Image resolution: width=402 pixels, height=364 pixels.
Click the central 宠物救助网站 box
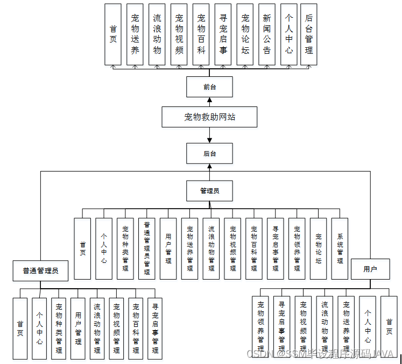209,116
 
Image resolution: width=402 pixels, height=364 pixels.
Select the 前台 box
209,87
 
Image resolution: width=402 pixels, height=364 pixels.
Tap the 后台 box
209,153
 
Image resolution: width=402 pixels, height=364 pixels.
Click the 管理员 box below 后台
209,190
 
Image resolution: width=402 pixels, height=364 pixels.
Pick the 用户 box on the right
370,269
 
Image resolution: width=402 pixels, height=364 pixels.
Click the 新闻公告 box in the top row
267,34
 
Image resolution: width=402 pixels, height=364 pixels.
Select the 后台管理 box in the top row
309,34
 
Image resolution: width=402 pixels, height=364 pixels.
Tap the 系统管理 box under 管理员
340,248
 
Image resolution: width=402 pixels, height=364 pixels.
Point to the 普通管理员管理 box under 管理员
146,248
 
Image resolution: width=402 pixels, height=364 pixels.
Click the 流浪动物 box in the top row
157,34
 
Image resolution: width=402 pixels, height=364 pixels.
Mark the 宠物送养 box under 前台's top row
135,34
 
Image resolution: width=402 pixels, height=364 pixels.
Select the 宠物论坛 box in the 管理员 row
318,248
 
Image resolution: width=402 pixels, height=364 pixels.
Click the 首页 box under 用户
389,327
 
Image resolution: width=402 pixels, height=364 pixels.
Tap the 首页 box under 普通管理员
20,328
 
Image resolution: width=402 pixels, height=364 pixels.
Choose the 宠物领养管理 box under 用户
260,327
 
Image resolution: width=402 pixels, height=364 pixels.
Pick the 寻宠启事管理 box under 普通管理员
155,328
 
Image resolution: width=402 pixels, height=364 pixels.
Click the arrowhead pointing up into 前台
209,99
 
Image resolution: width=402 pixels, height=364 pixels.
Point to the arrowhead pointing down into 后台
209,140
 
